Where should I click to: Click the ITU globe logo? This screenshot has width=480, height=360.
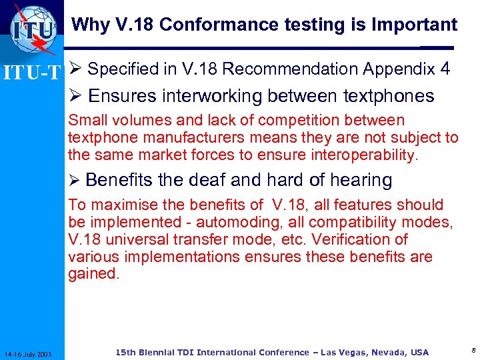33,30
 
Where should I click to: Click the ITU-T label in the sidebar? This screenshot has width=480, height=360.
32,71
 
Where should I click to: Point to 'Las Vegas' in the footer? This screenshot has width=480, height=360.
341,352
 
